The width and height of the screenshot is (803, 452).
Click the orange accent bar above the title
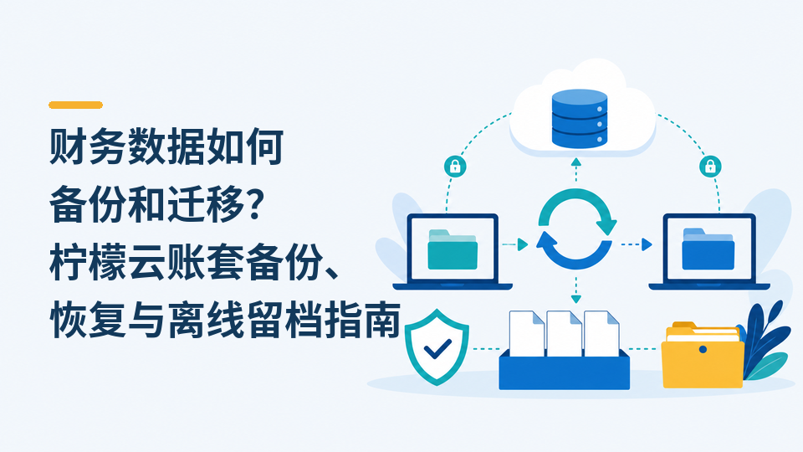(x=76, y=105)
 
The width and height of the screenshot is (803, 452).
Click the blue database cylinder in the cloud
(x=580, y=119)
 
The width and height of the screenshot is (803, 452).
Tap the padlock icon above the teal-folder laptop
(x=455, y=166)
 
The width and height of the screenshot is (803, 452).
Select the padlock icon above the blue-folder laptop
(x=710, y=166)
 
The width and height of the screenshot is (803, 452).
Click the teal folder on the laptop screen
(x=453, y=249)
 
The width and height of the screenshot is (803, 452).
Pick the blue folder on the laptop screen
(x=708, y=249)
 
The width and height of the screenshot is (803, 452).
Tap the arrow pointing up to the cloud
(x=576, y=170)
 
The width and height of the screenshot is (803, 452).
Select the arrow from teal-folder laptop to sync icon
(x=514, y=244)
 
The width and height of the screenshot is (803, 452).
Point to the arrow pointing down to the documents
(x=576, y=290)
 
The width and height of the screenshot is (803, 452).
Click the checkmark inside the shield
(x=437, y=348)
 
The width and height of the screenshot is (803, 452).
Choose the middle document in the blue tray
(x=564, y=334)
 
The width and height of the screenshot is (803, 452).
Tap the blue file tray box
(x=565, y=369)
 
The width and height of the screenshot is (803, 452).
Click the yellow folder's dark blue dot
(x=703, y=350)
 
